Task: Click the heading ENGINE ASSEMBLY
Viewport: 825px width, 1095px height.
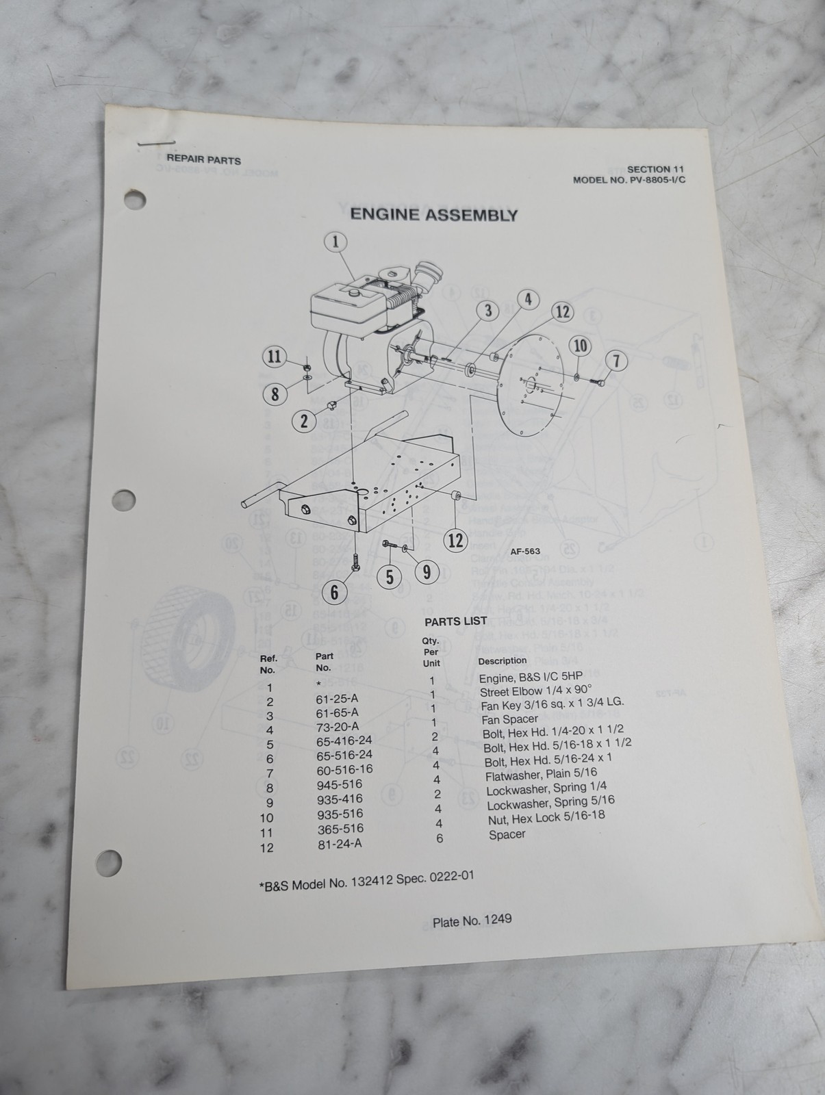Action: coord(433,214)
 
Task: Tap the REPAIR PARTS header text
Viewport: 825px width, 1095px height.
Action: coord(203,160)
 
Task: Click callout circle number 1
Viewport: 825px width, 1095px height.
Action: coord(335,242)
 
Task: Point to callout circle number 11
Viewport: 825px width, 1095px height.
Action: coord(275,357)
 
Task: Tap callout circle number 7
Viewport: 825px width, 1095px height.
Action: coord(616,361)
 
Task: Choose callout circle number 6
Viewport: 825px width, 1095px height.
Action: coord(334,593)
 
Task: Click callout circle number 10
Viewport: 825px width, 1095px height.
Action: coord(580,346)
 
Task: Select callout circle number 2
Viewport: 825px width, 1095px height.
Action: coord(304,422)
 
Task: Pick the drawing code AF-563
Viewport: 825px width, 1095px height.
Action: coord(524,551)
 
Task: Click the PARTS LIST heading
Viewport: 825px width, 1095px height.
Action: coord(456,621)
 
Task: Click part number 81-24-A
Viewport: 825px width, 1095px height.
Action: coord(340,844)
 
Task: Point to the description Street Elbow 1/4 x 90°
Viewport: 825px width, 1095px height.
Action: coord(536,691)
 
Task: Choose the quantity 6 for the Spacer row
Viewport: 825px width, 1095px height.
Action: coord(440,838)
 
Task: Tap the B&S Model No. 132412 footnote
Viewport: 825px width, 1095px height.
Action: coord(366,881)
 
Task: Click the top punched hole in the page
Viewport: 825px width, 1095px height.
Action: coord(135,200)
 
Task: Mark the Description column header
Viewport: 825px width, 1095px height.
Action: coord(502,660)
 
